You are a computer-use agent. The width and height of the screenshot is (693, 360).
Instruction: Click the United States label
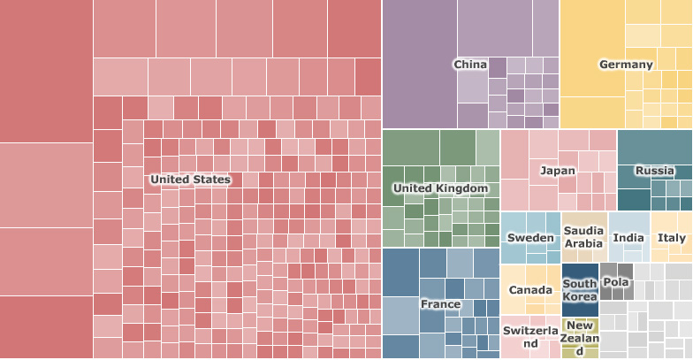(190, 180)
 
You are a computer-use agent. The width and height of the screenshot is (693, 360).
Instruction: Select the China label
(470, 65)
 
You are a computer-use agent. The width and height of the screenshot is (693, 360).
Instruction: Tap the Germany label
(626, 65)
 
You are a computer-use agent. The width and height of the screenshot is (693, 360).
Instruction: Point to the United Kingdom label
(440, 188)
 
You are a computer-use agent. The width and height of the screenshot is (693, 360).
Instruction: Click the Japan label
(558, 171)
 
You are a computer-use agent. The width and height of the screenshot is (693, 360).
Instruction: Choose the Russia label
(655, 171)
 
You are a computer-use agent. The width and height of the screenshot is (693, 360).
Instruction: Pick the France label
(440, 304)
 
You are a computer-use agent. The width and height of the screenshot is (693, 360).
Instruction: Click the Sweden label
(530, 238)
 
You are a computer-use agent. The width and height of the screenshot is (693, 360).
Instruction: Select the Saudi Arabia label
(583, 237)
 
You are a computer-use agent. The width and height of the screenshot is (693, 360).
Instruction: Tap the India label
(628, 238)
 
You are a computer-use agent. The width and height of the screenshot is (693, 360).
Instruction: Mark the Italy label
(672, 238)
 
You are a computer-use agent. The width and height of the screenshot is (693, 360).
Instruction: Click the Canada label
(530, 291)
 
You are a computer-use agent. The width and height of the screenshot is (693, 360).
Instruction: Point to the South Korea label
(580, 290)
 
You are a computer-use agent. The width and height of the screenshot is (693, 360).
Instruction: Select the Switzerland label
(530, 336)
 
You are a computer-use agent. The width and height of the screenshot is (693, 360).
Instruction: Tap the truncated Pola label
(615, 282)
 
